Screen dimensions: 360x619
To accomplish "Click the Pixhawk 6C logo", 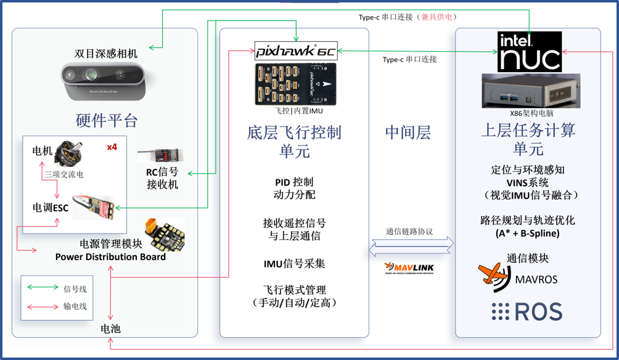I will click(x=296, y=51).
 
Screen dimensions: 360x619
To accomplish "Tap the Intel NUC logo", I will click(x=530, y=52).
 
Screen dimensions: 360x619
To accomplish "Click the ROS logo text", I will click(x=527, y=311).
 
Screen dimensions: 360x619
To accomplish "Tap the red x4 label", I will click(x=112, y=147).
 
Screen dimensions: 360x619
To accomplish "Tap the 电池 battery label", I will click(x=110, y=329).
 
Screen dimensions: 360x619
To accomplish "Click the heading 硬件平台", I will click(x=107, y=120).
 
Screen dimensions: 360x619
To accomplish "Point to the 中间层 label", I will click(x=408, y=132).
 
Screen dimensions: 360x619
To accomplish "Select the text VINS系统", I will click(x=527, y=182).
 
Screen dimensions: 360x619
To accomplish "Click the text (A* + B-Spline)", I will click(x=527, y=234).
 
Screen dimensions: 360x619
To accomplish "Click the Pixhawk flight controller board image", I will click(x=296, y=84).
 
